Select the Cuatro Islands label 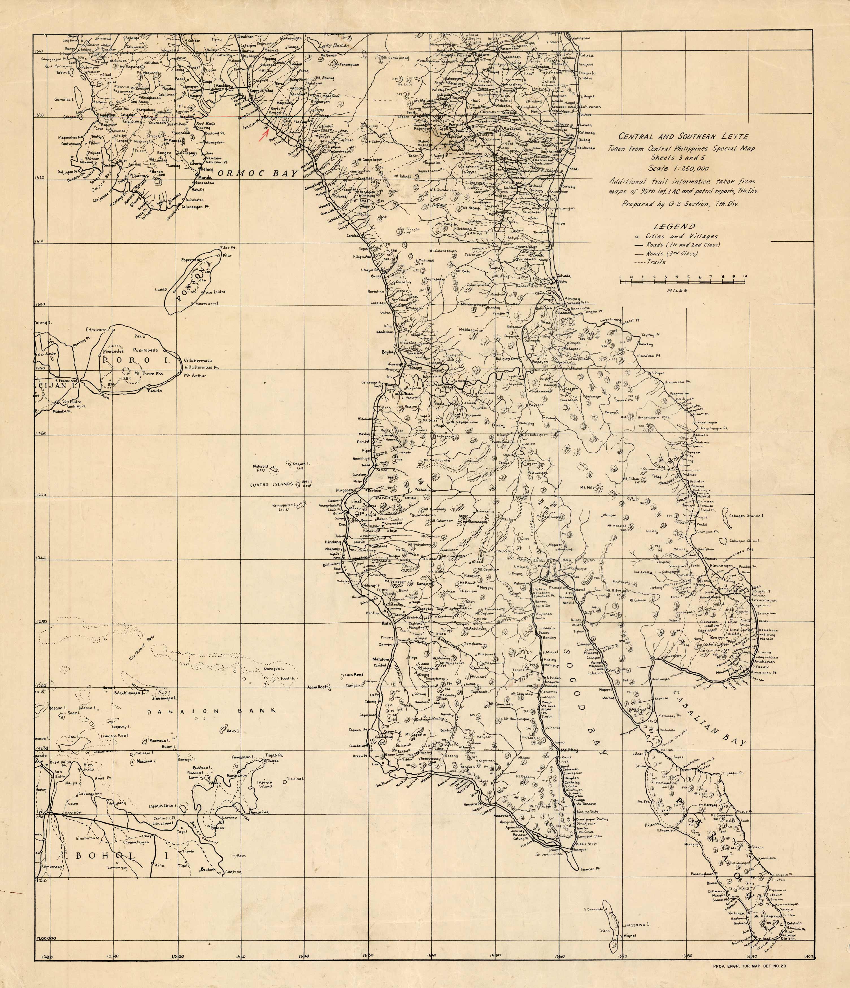pyautogui.click(x=270, y=484)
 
